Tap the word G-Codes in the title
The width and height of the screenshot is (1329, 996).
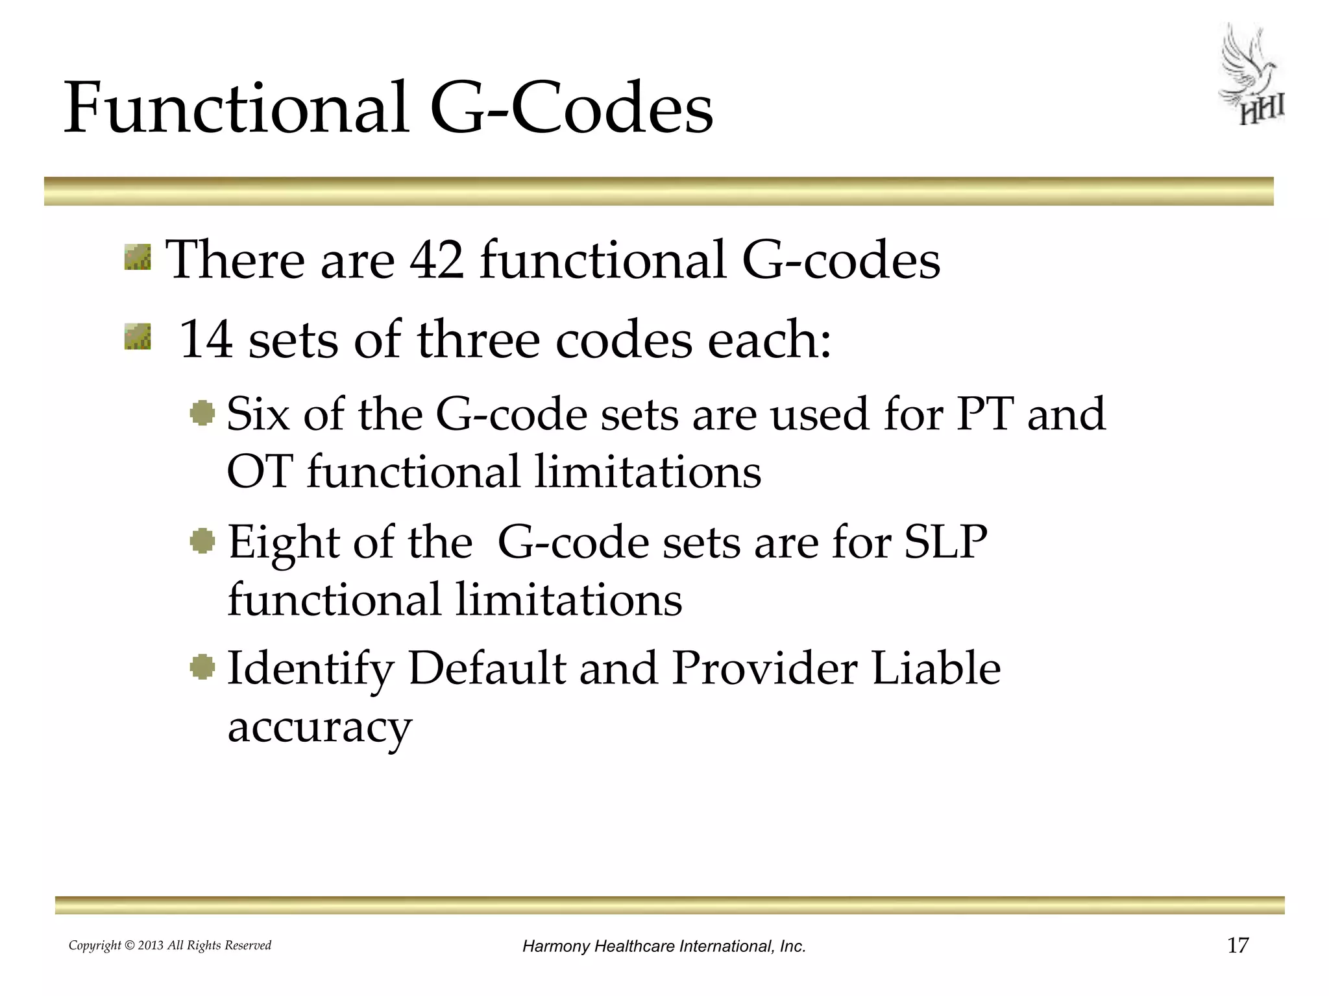pos(571,109)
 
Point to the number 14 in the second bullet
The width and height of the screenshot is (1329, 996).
pos(205,340)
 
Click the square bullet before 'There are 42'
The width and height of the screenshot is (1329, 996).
pos(138,257)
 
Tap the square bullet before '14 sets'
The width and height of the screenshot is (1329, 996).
pos(138,337)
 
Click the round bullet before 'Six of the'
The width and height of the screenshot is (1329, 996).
pos(202,413)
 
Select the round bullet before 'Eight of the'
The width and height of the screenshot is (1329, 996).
pos(202,541)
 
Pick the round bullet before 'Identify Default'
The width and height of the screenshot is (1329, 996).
pos(202,667)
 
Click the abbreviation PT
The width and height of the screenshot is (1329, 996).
pos(984,414)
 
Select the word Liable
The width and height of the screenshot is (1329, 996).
pos(935,669)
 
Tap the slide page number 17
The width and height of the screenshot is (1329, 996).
pos(1238,945)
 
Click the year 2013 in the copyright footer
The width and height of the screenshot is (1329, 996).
pos(151,945)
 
